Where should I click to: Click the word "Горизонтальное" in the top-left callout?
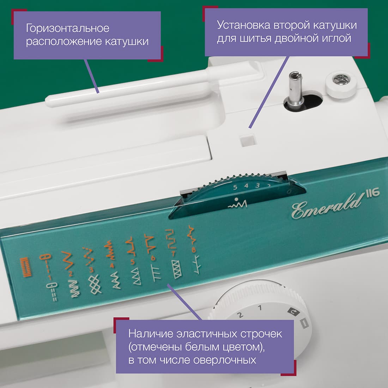(x=68, y=29)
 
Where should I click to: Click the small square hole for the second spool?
(x=248, y=140)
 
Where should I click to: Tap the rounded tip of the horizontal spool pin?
(x=49, y=101)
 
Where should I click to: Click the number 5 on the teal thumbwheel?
(x=235, y=187)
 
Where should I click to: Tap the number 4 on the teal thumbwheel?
(x=246, y=186)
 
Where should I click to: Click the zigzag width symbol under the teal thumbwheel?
(x=237, y=204)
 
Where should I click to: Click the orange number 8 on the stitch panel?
(x=194, y=250)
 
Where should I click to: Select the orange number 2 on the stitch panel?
(x=71, y=274)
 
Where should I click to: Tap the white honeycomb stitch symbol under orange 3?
(x=95, y=284)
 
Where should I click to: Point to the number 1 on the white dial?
(x=260, y=308)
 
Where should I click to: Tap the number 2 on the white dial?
(x=240, y=315)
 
